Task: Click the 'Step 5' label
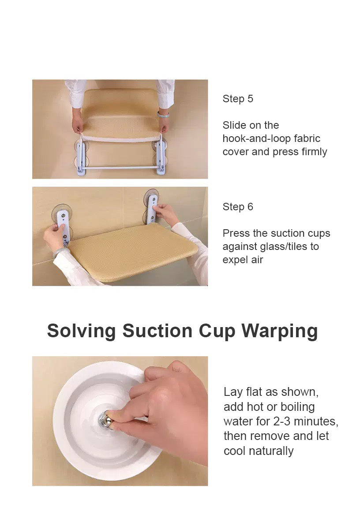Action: [237, 99]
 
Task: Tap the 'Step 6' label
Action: [237, 207]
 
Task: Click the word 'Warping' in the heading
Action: [280, 332]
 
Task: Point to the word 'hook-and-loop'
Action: [256, 138]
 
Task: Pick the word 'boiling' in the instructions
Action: [298, 406]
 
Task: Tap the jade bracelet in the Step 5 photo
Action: [163, 114]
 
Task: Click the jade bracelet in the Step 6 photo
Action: [61, 252]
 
